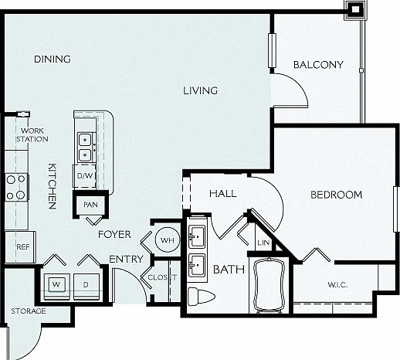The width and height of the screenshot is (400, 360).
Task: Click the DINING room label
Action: point(53,59)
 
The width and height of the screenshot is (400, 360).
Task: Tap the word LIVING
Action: point(200,90)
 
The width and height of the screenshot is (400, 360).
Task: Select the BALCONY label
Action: point(318,65)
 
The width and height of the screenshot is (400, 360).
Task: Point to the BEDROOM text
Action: point(337,195)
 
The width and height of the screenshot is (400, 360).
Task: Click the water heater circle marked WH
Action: point(168,240)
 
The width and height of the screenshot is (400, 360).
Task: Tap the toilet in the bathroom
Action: point(201,297)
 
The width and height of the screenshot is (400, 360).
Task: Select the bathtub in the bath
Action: point(269,285)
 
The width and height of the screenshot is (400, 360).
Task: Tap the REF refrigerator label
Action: point(23,247)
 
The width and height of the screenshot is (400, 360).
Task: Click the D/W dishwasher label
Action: point(85,176)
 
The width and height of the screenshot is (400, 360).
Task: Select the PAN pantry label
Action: point(90,205)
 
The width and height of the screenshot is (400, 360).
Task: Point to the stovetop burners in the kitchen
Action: point(16,187)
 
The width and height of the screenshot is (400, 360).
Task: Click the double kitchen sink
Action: point(86,148)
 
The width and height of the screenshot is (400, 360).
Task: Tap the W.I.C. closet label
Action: point(337,285)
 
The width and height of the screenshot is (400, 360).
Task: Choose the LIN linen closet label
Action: point(263,243)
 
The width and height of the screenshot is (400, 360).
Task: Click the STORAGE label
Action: point(29,311)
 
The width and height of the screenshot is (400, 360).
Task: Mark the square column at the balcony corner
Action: point(355,9)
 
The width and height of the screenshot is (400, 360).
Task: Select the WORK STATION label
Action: point(32,135)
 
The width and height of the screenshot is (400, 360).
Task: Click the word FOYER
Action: point(114,234)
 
